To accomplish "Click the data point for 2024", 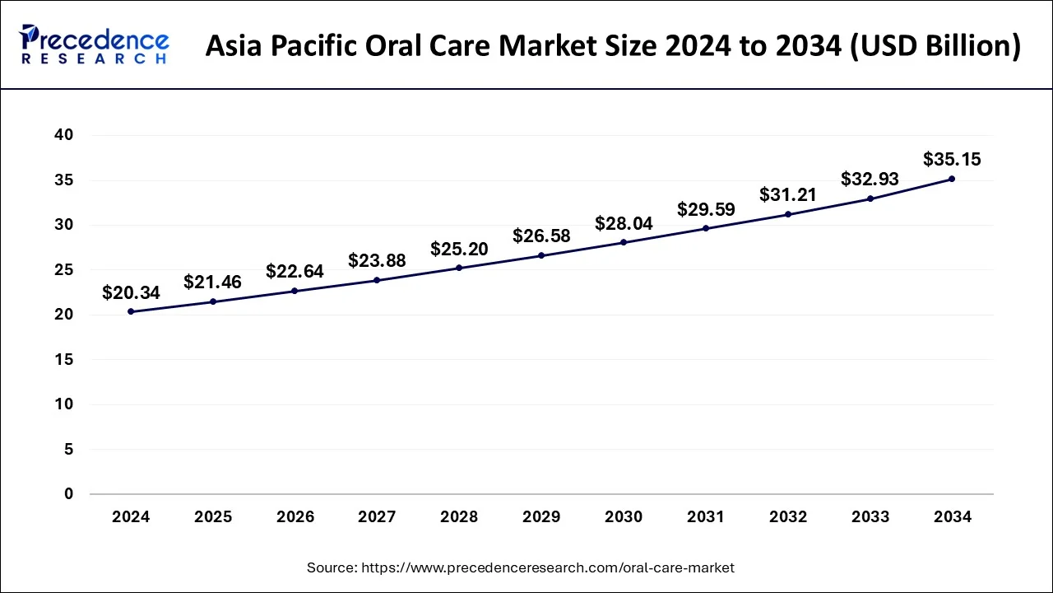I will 131,311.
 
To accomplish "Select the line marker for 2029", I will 541,255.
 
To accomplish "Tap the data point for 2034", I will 952,179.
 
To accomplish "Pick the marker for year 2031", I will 706,228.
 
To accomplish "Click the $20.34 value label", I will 131,292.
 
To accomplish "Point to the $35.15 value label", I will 952,159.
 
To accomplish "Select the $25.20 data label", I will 459,249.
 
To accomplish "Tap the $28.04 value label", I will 624,223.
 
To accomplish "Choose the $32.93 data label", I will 870,179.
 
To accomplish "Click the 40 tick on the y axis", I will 64,135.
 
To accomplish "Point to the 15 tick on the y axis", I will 64,360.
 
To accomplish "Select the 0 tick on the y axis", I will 69,494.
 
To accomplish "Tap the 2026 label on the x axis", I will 295,517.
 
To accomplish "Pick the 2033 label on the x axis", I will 870,517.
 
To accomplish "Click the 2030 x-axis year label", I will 624,517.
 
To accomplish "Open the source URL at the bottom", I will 546,567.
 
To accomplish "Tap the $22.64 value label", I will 295,271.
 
